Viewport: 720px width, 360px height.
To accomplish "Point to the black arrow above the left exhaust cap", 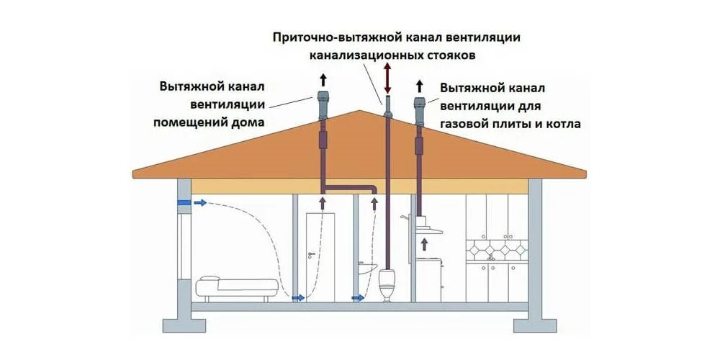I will pyautogui.click(x=322, y=80).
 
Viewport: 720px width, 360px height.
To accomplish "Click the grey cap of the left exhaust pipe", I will pyautogui.click(x=322, y=99).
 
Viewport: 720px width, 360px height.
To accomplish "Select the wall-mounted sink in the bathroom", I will pyautogui.click(x=367, y=267).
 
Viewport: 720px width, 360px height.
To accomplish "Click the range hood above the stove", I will pyautogui.click(x=425, y=230).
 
